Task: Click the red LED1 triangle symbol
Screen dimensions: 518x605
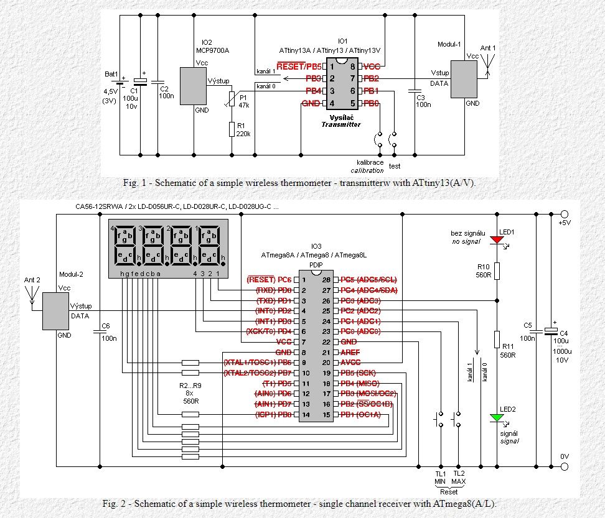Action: [497, 239]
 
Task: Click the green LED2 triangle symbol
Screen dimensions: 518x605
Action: [497, 417]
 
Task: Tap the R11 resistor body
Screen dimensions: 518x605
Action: [497, 340]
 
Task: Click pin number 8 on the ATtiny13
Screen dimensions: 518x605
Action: [352, 66]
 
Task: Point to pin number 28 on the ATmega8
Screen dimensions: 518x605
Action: [326, 280]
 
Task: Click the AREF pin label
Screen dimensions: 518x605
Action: [350, 352]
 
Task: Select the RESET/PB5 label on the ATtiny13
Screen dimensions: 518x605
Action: [299, 66]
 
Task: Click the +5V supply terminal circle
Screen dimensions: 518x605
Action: [565, 213]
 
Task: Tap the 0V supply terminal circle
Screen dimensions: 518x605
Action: [565, 466]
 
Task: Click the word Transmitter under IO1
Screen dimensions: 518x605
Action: [340, 124]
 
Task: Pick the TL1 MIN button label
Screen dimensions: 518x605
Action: [440, 479]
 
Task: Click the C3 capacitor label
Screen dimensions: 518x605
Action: [421, 98]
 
